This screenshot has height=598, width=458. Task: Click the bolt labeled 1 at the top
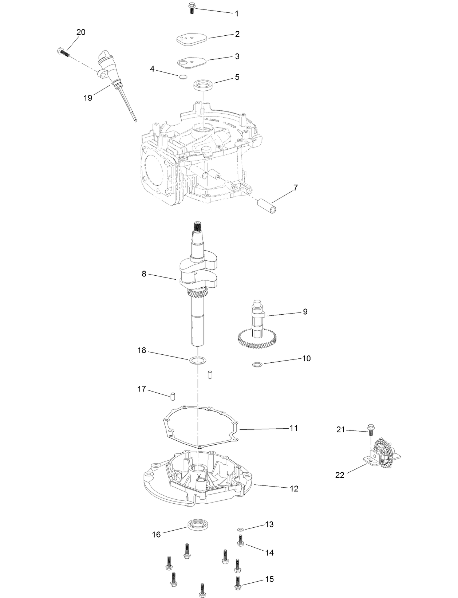click(x=192, y=8)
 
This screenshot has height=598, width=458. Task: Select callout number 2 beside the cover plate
click(x=237, y=34)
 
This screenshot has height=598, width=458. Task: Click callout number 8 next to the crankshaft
click(x=144, y=274)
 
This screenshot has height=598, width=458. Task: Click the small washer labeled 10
click(x=257, y=364)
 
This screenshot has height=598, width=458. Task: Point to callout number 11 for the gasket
click(x=293, y=428)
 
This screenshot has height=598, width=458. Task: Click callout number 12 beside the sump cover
click(x=294, y=488)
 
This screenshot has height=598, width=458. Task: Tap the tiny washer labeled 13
click(x=240, y=529)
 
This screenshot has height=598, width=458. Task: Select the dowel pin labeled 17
click(x=173, y=395)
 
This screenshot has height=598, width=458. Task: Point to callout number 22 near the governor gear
click(x=340, y=475)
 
